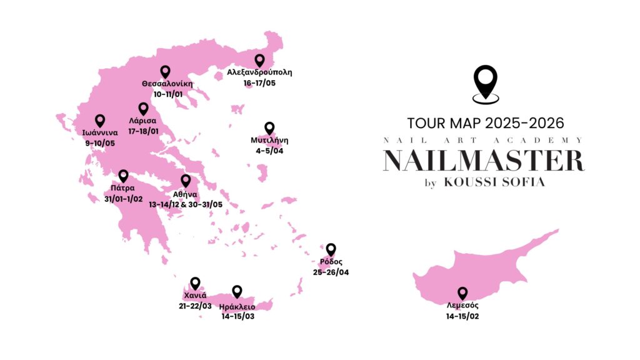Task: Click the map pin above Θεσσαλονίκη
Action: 165,72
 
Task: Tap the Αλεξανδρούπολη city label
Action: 260,72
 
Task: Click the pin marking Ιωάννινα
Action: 99,121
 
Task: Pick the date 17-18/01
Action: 142,132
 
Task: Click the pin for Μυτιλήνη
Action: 269,128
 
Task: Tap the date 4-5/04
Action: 269,151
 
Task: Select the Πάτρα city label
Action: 123,187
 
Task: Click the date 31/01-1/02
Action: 124,199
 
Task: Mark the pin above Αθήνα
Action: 186,181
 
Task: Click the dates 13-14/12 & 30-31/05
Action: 186,204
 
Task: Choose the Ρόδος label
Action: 331,261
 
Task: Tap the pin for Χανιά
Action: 196,283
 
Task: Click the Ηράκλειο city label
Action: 237,306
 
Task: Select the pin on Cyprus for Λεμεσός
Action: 462,292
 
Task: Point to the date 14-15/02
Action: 462,317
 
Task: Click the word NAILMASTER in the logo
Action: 484,161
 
